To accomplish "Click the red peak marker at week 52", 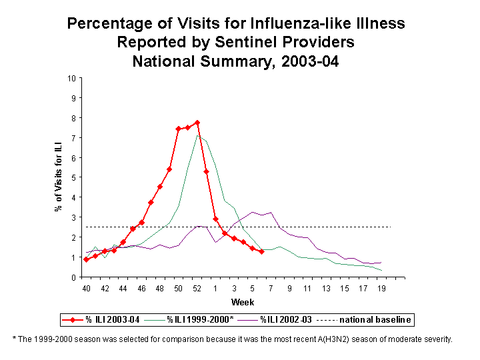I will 197,123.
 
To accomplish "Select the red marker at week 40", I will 86,259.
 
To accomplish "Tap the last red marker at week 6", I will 261,251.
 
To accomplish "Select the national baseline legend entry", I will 369,320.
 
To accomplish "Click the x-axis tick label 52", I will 197,288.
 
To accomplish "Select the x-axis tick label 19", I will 381,288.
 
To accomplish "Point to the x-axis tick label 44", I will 123,288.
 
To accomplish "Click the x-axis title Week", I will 238,302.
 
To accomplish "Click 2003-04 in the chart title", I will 311,61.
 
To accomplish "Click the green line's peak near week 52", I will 197,135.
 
